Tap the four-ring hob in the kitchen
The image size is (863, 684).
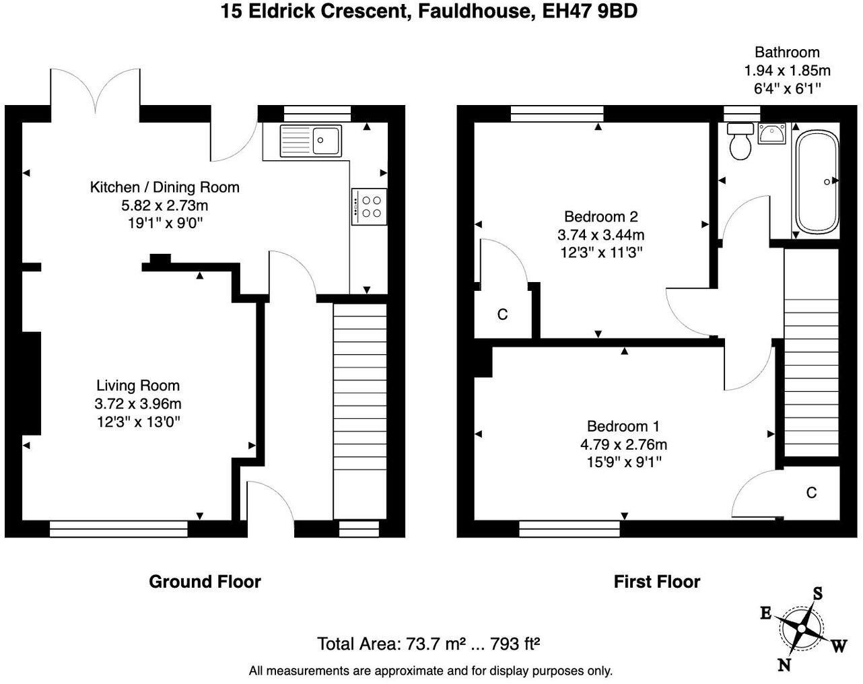370,207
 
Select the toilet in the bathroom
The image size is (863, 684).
740,141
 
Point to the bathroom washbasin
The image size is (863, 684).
772,133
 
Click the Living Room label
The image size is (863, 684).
138,386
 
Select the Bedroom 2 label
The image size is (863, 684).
600,217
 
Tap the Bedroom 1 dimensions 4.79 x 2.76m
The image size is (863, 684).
623,444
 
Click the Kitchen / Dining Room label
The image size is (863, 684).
165,187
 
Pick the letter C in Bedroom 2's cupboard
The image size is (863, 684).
502,314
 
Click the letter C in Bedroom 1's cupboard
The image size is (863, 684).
811,493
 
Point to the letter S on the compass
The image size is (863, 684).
818,594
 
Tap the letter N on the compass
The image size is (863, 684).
784,666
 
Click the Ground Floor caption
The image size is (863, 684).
205,582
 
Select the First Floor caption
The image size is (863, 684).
657,582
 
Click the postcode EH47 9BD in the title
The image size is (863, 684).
590,11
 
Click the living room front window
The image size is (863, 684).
118,528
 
